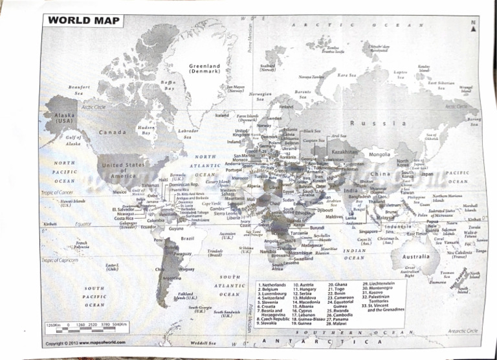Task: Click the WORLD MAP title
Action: click(x=83, y=20)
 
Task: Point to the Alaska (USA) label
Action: click(x=64, y=118)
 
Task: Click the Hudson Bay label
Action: click(x=146, y=131)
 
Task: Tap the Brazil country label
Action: click(x=188, y=238)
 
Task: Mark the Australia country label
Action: click(x=415, y=256)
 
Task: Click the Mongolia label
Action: click(x=379, y=155)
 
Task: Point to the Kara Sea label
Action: click(x=347, y=75)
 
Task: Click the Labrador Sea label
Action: click(x=188, y=133)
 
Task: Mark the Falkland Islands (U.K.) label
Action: click(x=191, y=296)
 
